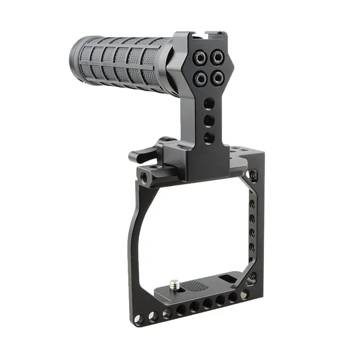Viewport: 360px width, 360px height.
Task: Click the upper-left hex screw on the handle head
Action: click(x=197, y=57)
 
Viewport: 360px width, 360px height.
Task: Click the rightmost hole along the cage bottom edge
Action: click(x=244, y=294)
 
